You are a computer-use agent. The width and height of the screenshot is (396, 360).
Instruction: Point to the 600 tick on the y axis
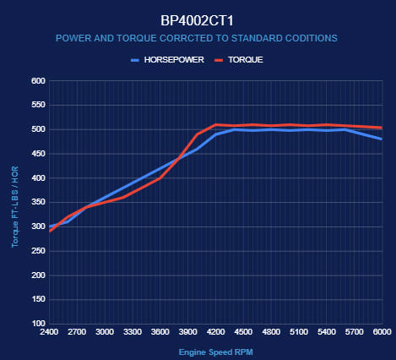(37, 81)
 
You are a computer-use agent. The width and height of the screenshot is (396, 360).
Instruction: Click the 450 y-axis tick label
(37, 154)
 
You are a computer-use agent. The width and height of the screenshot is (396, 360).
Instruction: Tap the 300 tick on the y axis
(37, 226)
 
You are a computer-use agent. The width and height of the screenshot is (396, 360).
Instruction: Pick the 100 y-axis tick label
(37, 324)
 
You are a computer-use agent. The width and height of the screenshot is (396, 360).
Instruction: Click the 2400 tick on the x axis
(50, 332)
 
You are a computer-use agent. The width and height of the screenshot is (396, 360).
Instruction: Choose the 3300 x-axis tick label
(133, 332)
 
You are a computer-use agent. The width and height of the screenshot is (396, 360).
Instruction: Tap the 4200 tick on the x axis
(216, 332)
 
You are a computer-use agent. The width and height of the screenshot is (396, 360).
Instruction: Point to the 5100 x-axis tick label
(299, 332)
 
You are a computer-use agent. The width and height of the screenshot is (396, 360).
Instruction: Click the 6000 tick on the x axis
(382, 332)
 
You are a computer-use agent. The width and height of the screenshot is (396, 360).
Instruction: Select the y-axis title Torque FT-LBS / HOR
(15, 203)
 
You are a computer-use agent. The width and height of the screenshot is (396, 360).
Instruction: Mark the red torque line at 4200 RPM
(216, 125)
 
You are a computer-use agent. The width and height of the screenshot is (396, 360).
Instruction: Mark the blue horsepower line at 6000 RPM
(382, 139)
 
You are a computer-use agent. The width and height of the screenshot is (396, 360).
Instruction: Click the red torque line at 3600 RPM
(160, 177)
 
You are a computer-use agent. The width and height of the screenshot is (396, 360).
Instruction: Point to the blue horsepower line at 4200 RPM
(216, 134)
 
